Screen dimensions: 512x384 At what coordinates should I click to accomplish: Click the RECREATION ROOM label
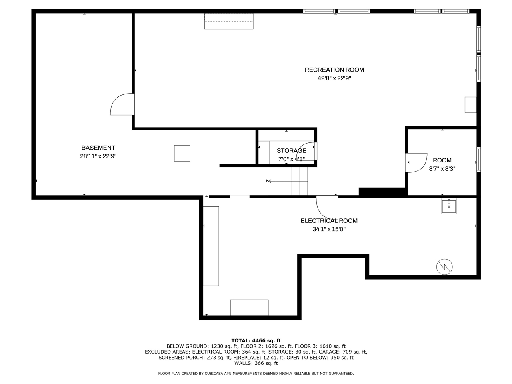[x=334, y=70]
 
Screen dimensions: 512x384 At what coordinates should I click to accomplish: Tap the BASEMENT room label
[x=98, y=148]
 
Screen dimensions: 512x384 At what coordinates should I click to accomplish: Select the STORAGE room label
[x=291, y=151]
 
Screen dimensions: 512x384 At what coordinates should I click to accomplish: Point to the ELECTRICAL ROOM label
[x=329, y=220]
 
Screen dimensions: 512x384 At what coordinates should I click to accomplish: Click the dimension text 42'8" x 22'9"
[x=334, y=78]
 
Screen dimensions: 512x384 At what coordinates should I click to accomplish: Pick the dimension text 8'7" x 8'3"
[x=442, y=168]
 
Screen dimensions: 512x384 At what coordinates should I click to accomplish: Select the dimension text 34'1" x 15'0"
[x=329, y=229]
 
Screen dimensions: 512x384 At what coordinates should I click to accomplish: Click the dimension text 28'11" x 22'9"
[x=98, y=156]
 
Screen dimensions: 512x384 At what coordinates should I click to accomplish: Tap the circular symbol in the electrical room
[x=444, y=267]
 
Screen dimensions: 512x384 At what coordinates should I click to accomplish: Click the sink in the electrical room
[x=449, y=206]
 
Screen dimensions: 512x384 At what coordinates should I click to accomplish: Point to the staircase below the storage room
[x=288, y=181]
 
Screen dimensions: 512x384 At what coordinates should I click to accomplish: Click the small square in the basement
[x=182, y=153]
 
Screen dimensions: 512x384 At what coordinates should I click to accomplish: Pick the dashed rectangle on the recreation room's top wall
[x=229, y=21]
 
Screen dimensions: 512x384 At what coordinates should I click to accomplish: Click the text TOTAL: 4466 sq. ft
[x=256, y=340]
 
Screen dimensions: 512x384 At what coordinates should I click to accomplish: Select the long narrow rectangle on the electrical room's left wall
[x=211, y=246]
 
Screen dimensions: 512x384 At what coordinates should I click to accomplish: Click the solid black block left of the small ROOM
[x=382, y=192]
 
